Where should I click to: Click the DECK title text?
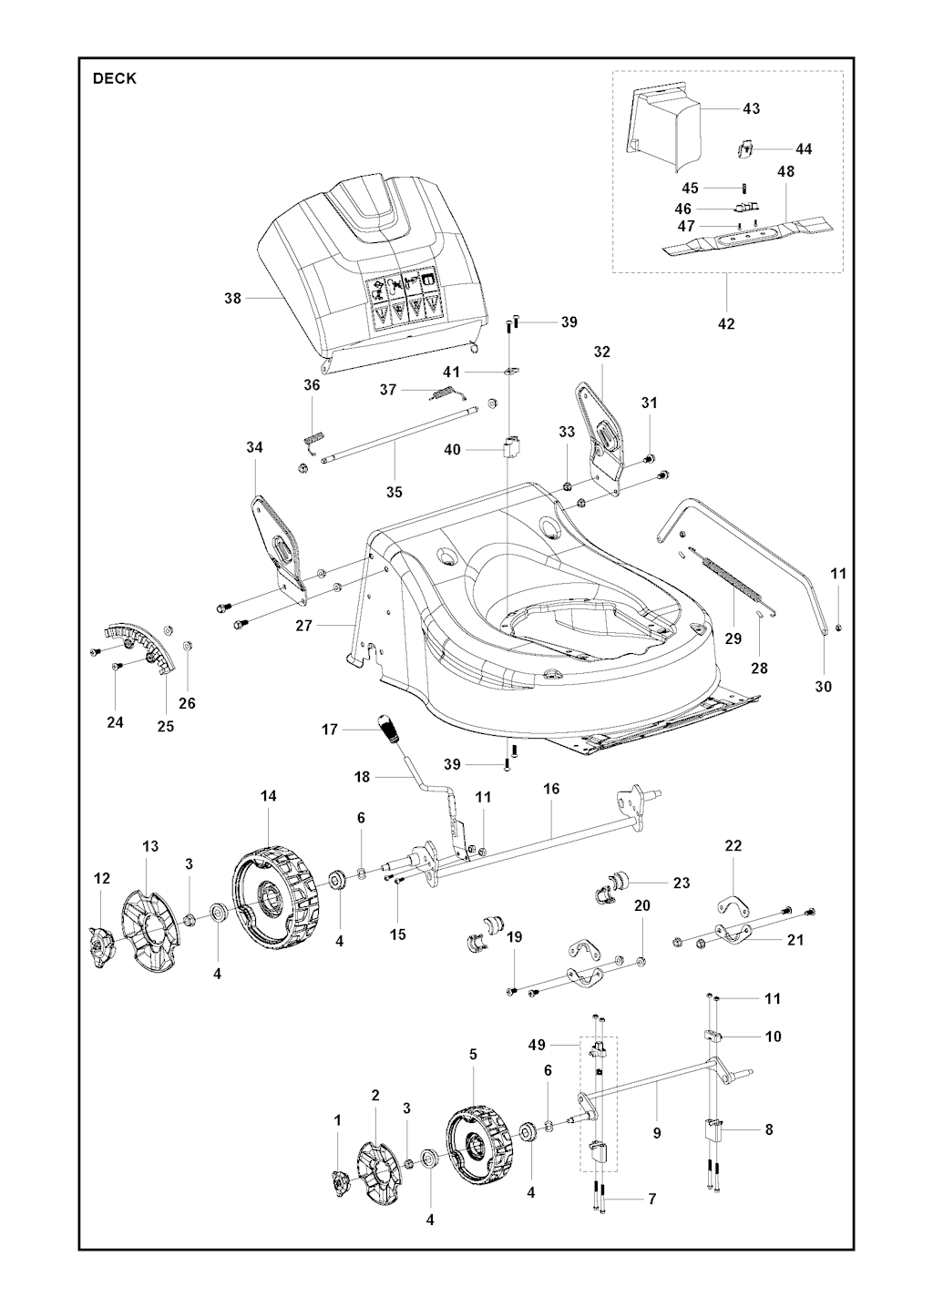[x=115, y=78]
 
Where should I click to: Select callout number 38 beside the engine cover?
[x=232, y=298]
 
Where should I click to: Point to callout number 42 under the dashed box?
[x=726, y=323]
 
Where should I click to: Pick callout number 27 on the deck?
[x=303, y=626]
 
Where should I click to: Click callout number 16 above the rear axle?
[x=551, y=789]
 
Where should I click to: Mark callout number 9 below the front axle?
[x=657, y=1134]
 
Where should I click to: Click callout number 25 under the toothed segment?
[x=166, y=726]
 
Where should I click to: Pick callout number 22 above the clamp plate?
[x=733, y=845]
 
